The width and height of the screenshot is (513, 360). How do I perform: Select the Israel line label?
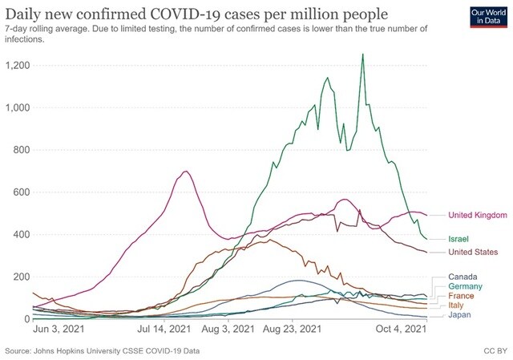[x=459, y=239]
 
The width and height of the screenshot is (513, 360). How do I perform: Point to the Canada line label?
[x=463, y=277]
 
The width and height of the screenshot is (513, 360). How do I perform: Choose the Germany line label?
[x=466, y=286]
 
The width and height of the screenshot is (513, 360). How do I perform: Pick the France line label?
[x=462, y=296]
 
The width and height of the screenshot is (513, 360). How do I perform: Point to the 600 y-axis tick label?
[x=20, y=192]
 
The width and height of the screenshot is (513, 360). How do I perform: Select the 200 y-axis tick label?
[x=20, y=277]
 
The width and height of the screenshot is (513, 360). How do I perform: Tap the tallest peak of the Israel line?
[x=363, y=55]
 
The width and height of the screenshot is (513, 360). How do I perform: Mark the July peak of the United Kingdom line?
[x=186, y=171]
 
